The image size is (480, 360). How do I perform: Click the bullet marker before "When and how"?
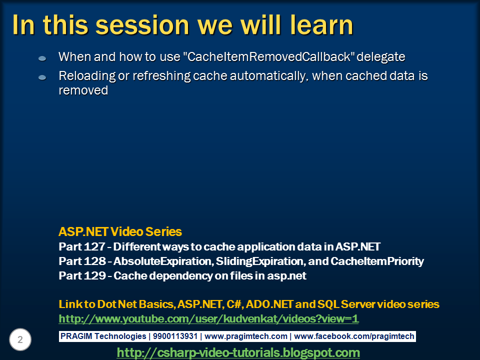[42, 58]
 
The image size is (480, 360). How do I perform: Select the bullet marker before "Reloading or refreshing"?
[42, 77]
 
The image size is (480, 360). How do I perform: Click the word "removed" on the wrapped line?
[83, 90]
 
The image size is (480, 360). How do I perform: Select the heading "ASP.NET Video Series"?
[120, 232]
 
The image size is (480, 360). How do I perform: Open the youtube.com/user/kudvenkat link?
[208, 319]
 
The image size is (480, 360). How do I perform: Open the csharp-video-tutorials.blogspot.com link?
[238, 353]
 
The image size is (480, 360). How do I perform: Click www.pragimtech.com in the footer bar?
[246, 336]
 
